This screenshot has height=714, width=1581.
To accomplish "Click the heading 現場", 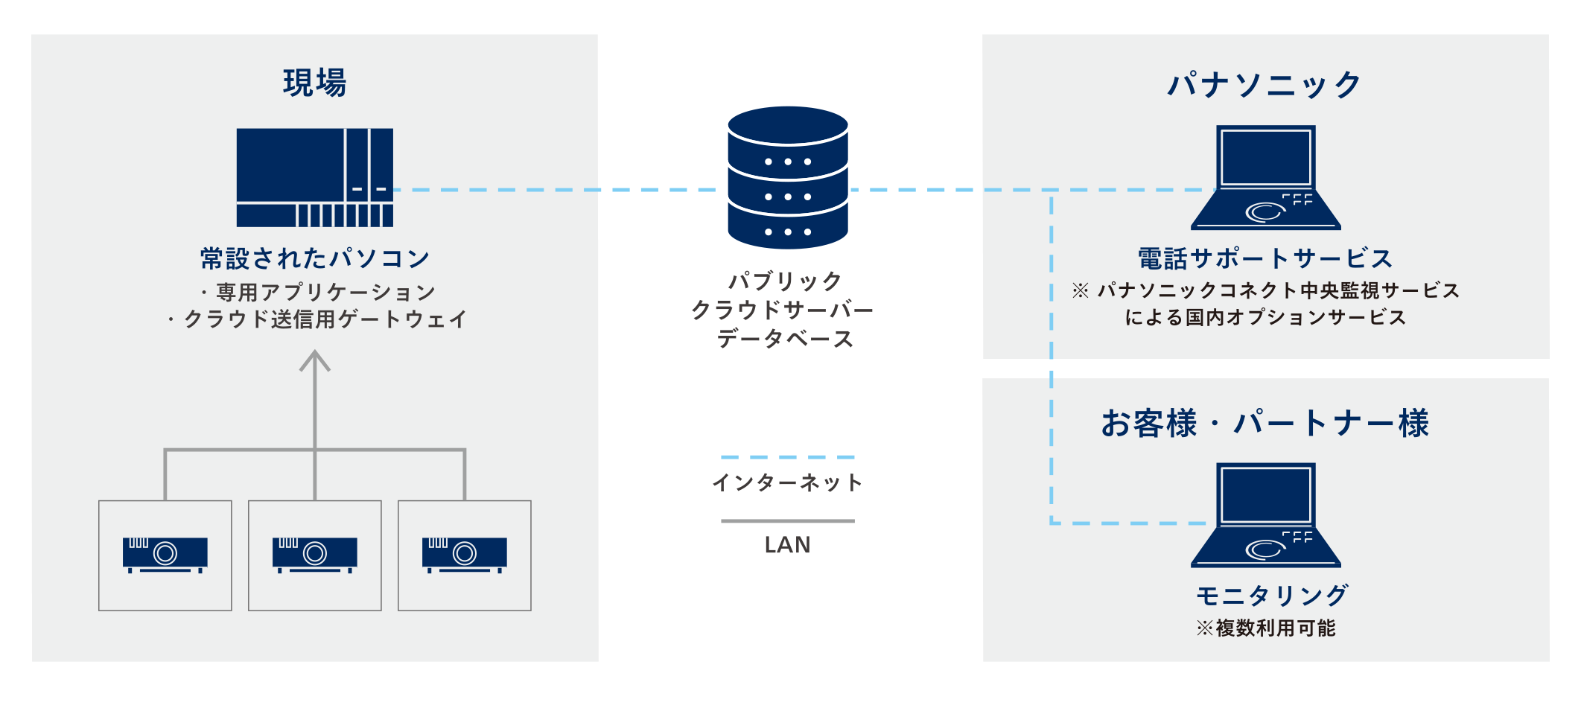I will [x=314, y=83].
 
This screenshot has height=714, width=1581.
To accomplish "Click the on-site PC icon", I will [x=314, y=177].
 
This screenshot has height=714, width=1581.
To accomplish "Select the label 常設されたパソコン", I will [x=315, y=258].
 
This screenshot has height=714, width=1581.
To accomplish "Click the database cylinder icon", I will [x=788, y=177].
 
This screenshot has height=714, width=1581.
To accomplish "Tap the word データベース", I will [x=786, y=339].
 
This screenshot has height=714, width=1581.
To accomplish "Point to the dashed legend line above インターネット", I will [x=788, y=457].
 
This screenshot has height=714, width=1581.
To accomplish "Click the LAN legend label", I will [x=787, y=545].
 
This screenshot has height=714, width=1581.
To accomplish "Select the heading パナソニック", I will [x=1265, y=84].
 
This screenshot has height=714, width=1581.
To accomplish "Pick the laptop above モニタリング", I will [x=1266, y=515].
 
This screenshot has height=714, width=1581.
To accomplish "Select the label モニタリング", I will [x=1272, y=596].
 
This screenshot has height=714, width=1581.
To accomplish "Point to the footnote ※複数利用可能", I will [x=1266, y=628].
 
